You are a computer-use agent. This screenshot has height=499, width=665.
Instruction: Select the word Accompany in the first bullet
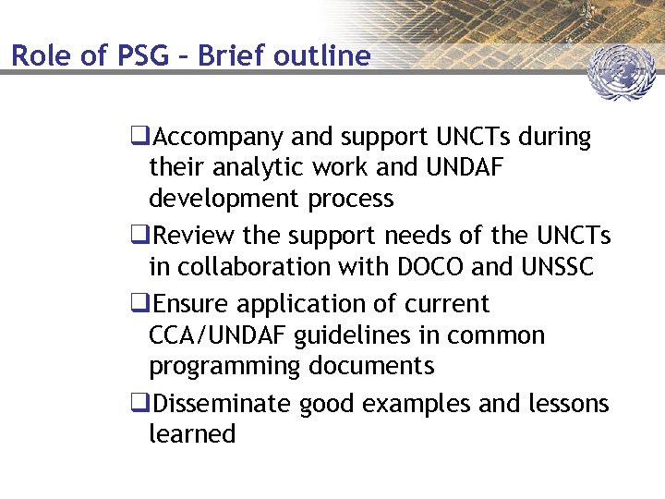coord(219,139)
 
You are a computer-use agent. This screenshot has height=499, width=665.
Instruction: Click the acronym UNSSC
coord(554,266)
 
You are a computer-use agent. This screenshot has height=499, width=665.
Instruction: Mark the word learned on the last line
coord(192,434)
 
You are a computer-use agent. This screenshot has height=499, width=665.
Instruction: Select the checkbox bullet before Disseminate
coord(140,404)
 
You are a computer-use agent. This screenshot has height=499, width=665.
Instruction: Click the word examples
coord(411,404)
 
